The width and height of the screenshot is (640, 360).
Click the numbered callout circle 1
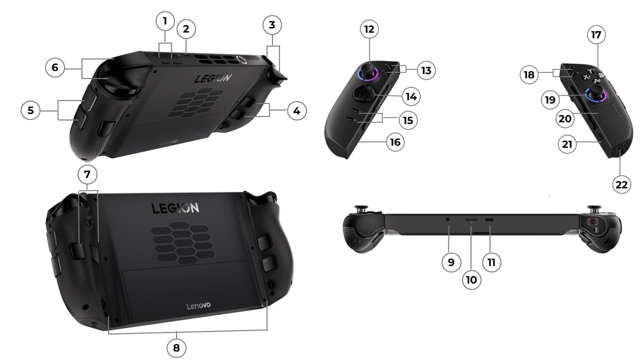tap(165, 21)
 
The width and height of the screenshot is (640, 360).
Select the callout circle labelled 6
tap(54, 67)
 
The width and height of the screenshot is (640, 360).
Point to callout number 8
tap(176, 347)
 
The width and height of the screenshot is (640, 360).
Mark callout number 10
tap(471, 279)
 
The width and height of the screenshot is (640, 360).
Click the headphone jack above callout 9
tap(448, 220)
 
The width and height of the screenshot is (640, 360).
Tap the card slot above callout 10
tap(471, 220)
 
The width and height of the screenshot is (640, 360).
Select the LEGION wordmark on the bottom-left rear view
tap(175, 208)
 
